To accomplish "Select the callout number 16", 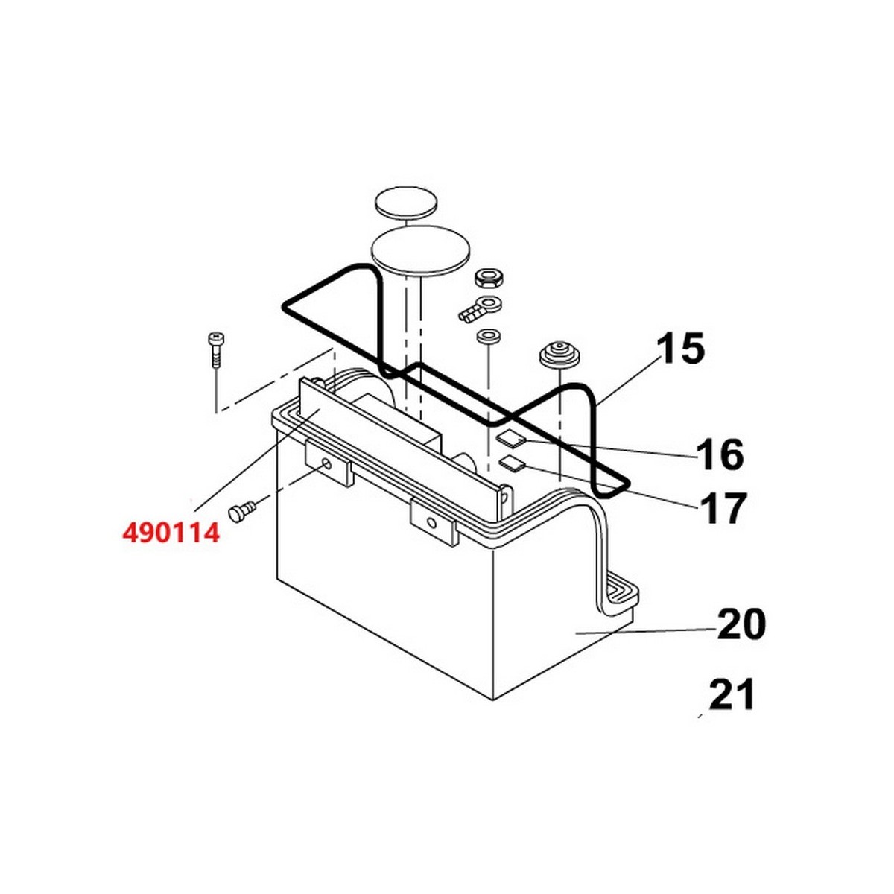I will (x=720, y=454).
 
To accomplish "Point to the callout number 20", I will (x=741, y=624).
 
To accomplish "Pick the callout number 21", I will (x=732, y=694).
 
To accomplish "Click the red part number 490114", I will (x=171, y=533).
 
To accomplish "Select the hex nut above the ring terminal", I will (x=489, y=279).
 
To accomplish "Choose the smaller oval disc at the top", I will (x=407, y=203).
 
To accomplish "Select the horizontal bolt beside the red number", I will (x=241, y=512).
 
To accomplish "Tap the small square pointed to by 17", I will (x=512, y=464).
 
